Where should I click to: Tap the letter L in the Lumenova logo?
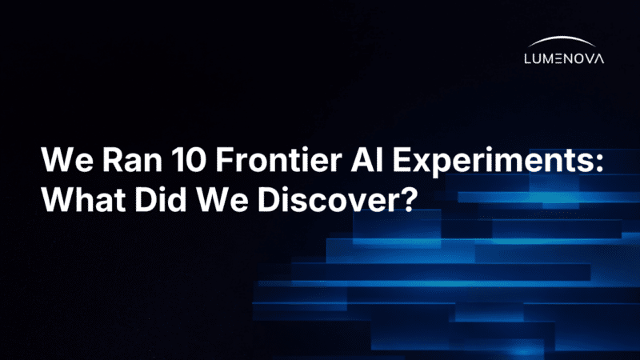point(526,58)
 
